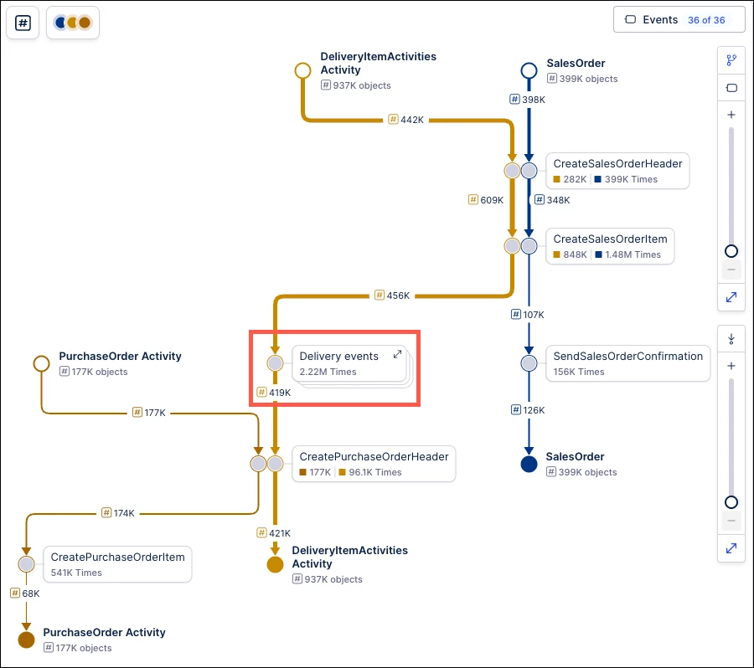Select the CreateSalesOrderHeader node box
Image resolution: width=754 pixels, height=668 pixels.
[x=617, y=171]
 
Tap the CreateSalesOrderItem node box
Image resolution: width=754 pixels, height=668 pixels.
[x=610, y=246]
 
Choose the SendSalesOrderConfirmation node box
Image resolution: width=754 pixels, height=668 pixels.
[x=627, y=363]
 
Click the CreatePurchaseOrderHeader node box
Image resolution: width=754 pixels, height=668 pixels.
[x=374, y=464]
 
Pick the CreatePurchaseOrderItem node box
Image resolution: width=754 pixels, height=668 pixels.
[x=117, y=564]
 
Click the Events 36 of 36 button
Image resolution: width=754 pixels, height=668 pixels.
[x=679, y=20]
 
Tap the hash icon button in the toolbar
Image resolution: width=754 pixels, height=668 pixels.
[x=23, y=23]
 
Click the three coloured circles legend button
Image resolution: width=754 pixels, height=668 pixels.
[x=73, y=23]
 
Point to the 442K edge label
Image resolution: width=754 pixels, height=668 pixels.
[x=406, y=120]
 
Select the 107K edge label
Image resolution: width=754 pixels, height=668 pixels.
[x=528, y=315]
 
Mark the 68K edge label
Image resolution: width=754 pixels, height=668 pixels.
[x=25, y=593]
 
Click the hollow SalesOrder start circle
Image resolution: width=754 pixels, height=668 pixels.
[x=529, y=70]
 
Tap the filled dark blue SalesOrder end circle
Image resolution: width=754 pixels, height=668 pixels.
[x=529, y=464]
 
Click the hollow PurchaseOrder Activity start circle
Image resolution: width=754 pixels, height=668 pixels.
[x=41, y=363]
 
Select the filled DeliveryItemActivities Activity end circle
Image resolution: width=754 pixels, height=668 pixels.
[x=275, y=565]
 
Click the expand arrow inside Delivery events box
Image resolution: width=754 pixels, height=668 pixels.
[x=397, y=355]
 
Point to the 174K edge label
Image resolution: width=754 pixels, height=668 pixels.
[x=118, y=513]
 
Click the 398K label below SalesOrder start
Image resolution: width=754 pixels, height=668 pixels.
[x=528, y=100]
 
